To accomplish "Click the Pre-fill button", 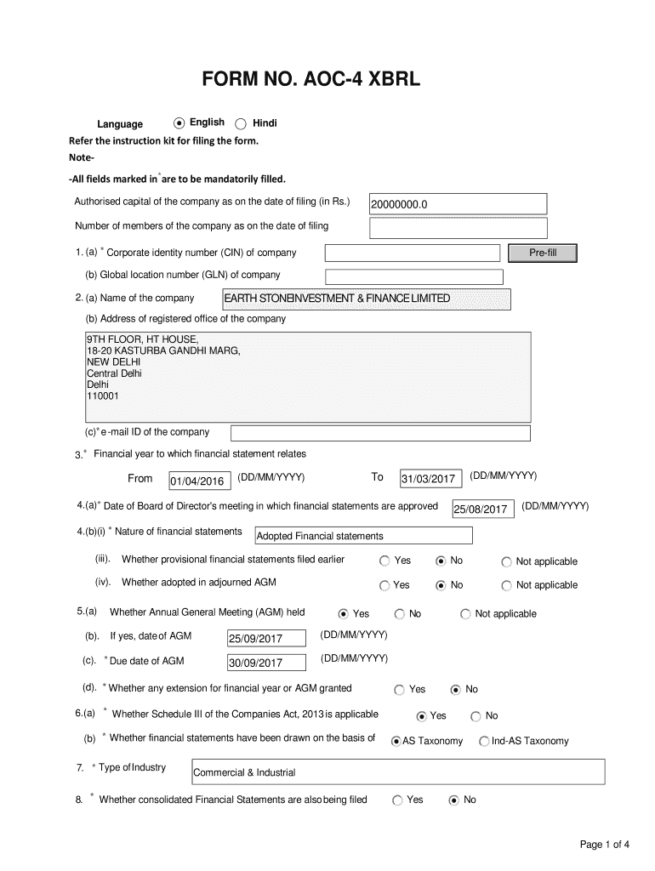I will pyautogui.click(x=542, y=253).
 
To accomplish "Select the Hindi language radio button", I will pyautogui.click(x=241, y=123).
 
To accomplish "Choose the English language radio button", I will pyautogui.click(x=179, y=123).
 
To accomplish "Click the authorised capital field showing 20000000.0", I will pyautogui.click(x=458, y=204).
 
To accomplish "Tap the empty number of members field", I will pyautogui.click(x=458, y=228).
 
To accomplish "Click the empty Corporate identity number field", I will pyautogui.click(x=413, y=253).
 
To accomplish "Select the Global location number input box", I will pyautogui.click(x=414, y=276).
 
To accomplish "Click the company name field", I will pyautogui.click(x=366, y=299).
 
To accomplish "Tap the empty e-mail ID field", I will pyautogui.click(x=380, y=433).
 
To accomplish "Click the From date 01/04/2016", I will pyautogui.click(x=200, y=481).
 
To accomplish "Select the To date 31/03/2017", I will pyautogui.click(x=430, y=480).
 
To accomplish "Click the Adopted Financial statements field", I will pyautogui.click(x=363, y=536).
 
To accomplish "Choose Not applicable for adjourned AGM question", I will pyautogui.click(x=507, y=585).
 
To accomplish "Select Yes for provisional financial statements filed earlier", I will pyautogui.click(x=384, y=561).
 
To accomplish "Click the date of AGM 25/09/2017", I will pyautogui.click(x=266, y=639).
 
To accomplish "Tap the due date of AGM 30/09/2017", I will pyautogui.click(x=266, y=663).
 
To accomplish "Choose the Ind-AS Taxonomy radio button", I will pyautogui.click(x=485, y=742).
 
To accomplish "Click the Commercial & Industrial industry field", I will pyautogui.click(x=398, y=772).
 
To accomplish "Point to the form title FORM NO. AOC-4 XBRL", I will pyautogui.click(x=310, y=81).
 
